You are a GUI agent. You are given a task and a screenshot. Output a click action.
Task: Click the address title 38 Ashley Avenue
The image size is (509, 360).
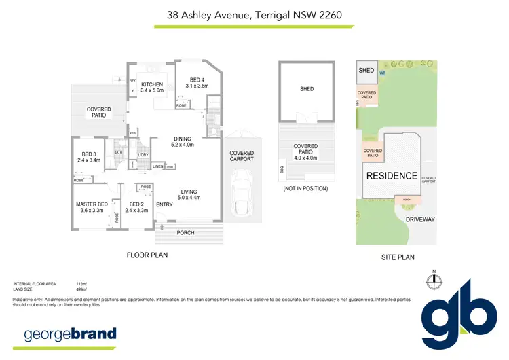pos(254,14)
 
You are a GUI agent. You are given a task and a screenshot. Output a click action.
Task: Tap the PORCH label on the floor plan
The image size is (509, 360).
pos(185,233)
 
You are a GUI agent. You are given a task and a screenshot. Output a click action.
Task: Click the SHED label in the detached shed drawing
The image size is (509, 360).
pos(307,89)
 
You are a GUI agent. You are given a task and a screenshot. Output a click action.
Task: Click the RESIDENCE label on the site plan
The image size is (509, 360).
pos(392,175)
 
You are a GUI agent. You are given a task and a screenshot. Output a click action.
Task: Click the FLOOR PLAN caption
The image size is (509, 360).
pos(147,255)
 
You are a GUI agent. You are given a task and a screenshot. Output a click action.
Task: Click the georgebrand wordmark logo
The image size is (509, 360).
pos(71,334)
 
